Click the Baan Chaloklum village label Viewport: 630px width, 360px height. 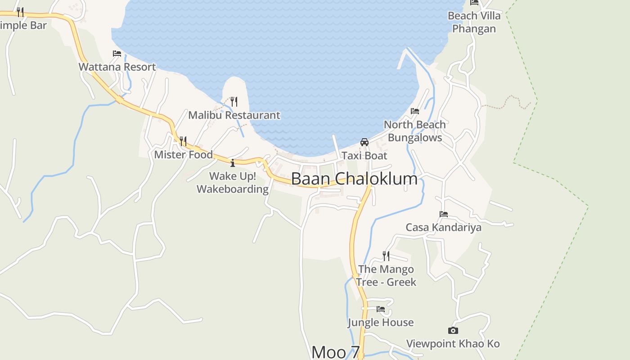pyautogui.click(x=354, y=179)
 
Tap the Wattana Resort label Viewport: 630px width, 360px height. pyautogui.click(x=117, y=67)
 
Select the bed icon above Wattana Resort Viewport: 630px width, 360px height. pyautogui.click(x=117, y=53)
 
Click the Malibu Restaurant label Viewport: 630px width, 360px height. pyautogui.click(x=234, y=115)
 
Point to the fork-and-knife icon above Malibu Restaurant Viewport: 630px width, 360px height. pyautogui.click(x=234, y=101)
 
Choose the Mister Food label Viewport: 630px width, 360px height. pyautogui.click(x=183, y=155)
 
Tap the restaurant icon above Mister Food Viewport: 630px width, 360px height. pyautogui.click(x=183, y=141)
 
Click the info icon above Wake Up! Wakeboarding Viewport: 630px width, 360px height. pyautogui.click(x=233, y=163)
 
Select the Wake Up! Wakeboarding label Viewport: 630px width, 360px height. pyautogui.click(x=233, y=182)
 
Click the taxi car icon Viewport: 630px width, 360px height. pyautogui.click(x=364, y=142)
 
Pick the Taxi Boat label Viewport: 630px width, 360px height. pyautogui.click(x=364, y=156)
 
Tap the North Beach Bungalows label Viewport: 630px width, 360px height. pyautogui.click(x=415, y=131)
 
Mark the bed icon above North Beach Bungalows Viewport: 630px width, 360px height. pyautogui.click(x=415, y=111)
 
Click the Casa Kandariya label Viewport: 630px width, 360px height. pyautogui.click(x=444, y=227)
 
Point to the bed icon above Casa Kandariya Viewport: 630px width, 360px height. pyautogui.click(x=444, y=214)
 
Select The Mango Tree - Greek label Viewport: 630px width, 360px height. pyautogui.click(x=386, y=275)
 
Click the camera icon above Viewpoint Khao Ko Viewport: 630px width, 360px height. pyautogui.click(x=453, y=331)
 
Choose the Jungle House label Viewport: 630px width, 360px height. pyautogui.click(x=381, y=323)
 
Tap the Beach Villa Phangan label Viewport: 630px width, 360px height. pyautogui.click(x=474, y=22)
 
